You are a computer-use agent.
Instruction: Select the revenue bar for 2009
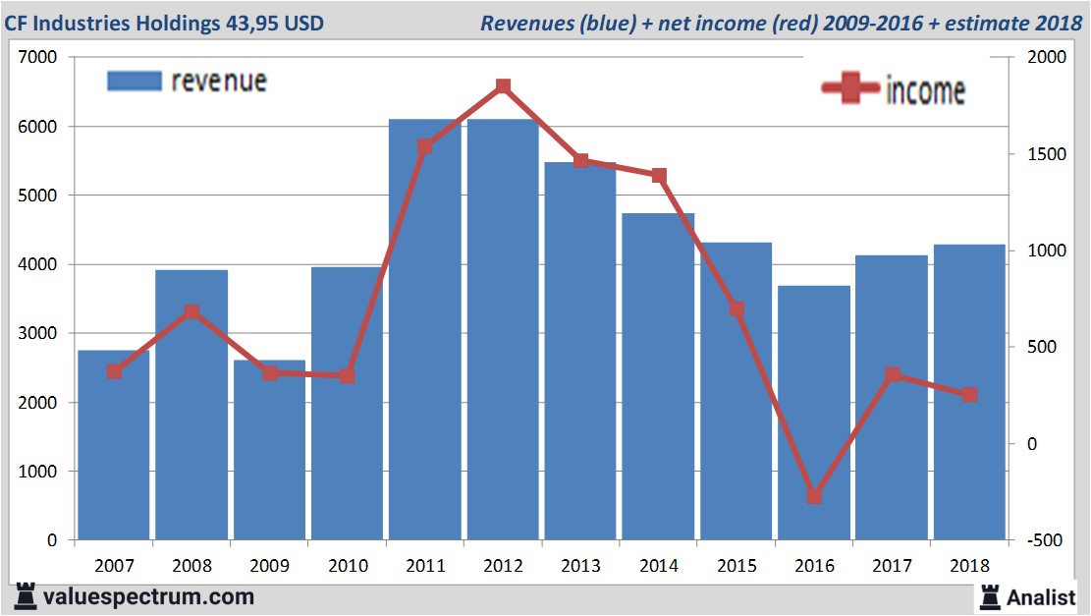pos(269,452)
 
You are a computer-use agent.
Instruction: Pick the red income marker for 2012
pos(503,86)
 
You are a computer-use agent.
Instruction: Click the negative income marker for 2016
pos(814,496)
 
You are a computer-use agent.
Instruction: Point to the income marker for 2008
pos(191,312)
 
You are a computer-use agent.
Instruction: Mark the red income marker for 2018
pos(969,394)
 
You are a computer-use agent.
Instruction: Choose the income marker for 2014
pos(659,176)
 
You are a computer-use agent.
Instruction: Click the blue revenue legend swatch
pos(134,81)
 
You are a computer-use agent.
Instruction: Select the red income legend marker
pos(850,88)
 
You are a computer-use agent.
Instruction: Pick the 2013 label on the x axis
pos(580,566)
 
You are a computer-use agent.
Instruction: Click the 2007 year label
pos(114,566)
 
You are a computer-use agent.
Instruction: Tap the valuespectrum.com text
pos(149,596)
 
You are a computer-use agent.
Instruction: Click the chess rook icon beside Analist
pos(990,595)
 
